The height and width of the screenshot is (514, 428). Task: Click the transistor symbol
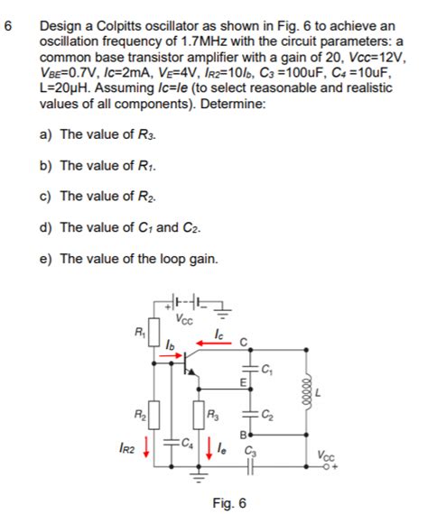pyautogui.click(x=190, y=361)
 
